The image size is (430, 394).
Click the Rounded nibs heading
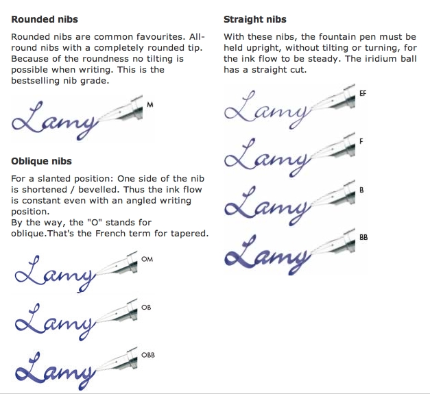click(x=44, y=20)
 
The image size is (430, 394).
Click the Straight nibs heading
click(x=255, y=20)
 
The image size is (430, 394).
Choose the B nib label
click(x=361, y=189)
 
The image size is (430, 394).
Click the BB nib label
click(x=363, y=237)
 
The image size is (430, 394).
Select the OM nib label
click(x=146, y=260)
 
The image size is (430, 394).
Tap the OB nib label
click(x=146, y=307)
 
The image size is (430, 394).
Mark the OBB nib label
click(x=148, y=354)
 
